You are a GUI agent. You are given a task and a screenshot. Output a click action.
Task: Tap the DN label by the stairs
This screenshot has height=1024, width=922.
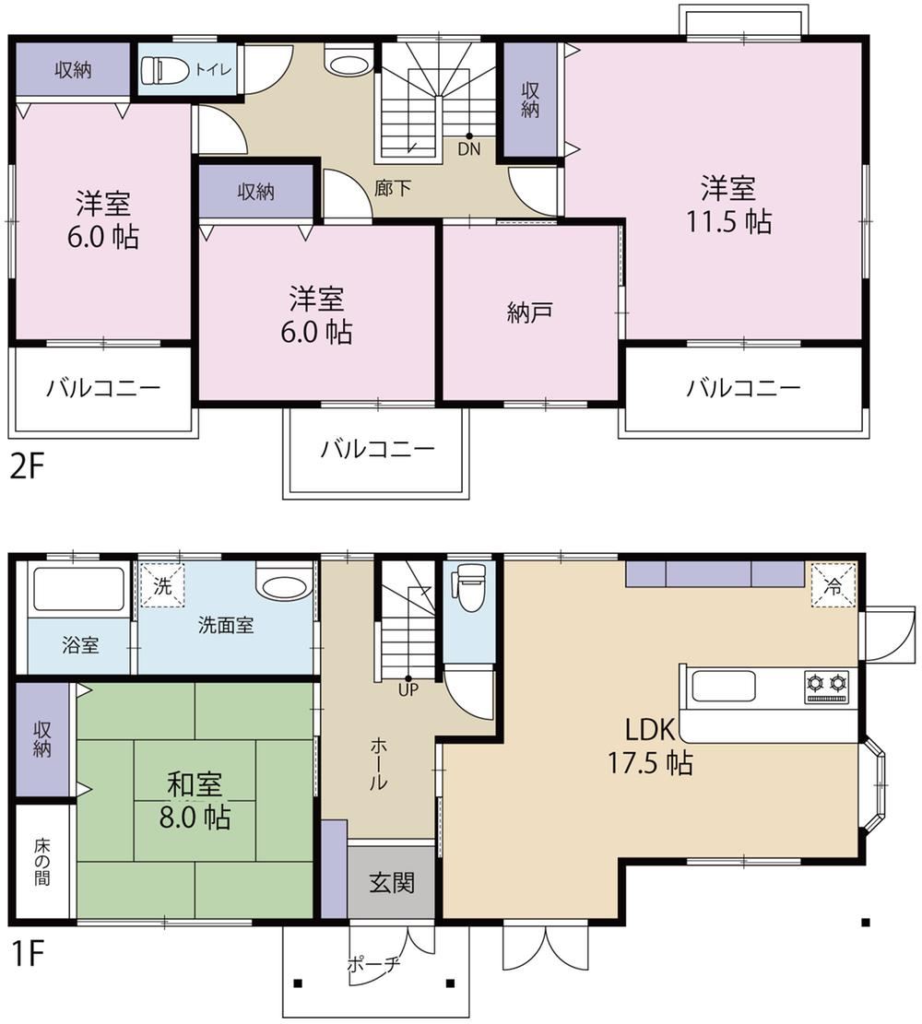(x=468, y=149)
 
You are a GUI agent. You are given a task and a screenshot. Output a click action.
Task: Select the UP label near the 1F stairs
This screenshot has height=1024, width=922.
(x=408, y=689)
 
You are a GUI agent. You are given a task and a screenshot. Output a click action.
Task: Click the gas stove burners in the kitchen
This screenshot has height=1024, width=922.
(x=827, y=686)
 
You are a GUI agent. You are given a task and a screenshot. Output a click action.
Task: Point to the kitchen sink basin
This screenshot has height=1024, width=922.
(x=724, y=687)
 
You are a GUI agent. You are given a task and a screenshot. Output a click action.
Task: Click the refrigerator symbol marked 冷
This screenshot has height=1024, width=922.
(x=833, y=586)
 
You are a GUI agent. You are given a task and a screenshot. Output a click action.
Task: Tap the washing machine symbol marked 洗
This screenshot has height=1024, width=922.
(x=162, y=586)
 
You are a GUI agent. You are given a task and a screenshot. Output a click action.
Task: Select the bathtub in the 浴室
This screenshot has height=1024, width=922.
(x=78, y=588)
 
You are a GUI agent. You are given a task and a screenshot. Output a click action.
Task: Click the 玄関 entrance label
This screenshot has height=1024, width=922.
(x=392, y=883)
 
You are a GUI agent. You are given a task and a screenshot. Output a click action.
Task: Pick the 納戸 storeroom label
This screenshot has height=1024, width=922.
(x=529, y=312)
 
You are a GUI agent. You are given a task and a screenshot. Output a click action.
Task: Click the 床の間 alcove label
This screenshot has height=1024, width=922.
(x=41, y=862)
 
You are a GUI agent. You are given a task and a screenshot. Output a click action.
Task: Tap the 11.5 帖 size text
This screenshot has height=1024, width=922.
(x=728, y=221)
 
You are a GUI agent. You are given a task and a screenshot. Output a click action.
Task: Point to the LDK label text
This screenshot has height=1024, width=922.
(x=649, y=729)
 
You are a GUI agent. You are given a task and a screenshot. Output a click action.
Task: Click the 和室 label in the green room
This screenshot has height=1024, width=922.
(x=195, y=784)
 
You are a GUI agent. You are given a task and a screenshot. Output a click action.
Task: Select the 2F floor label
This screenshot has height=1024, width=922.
(x=26, y=466)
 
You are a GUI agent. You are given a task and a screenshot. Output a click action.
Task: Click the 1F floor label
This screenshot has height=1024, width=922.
(x=28, y=954)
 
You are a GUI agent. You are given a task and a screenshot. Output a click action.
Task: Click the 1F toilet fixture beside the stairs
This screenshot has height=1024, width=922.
(x=469, y=586)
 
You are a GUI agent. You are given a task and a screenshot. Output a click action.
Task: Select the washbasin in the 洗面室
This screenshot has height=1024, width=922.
(x=282, y=583)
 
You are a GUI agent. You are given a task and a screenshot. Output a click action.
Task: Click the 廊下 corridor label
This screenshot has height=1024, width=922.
(x=393, y=188)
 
